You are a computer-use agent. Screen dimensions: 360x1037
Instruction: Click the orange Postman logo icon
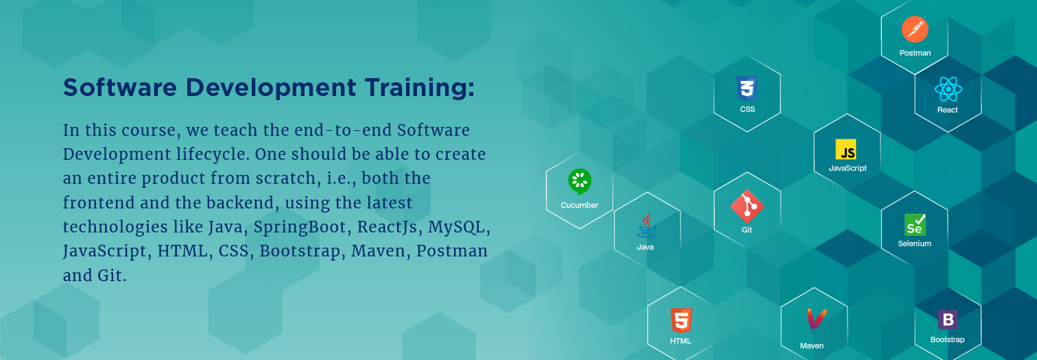(915, 29)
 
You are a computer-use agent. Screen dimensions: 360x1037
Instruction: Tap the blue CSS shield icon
(747, 88)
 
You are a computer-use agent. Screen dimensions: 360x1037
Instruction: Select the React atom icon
(948, 89)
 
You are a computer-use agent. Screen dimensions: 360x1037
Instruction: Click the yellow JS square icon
(846, 149)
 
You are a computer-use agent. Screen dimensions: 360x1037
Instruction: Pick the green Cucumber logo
(580, 182)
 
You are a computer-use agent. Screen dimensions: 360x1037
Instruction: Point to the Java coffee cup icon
(645, 226)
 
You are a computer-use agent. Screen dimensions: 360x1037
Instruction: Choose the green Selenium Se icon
(915, 224)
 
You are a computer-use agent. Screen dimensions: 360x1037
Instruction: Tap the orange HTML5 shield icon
(681, 320)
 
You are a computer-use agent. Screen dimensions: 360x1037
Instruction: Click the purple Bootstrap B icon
(947, 320)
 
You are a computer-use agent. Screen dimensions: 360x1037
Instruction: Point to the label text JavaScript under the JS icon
(848, 168)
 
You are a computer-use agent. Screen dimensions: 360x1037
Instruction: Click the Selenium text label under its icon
(915, 243)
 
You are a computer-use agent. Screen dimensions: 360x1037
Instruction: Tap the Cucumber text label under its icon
(580, 205)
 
